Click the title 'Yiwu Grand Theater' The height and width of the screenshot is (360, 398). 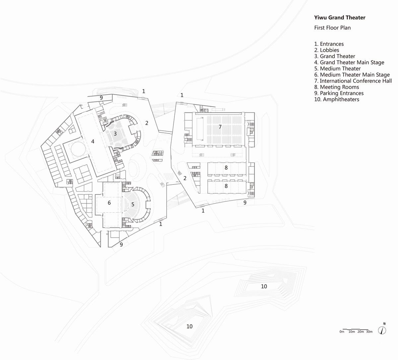(x=340, y=18)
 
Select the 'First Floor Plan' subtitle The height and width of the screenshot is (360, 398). (x=332, y=28)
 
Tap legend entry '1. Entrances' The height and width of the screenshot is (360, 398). (x=329, y=44)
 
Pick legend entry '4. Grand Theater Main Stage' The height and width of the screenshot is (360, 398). (x=349, y=62)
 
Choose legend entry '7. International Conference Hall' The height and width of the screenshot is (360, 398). (x=353, y=81)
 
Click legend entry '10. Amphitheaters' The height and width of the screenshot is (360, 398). (x=337, y=99)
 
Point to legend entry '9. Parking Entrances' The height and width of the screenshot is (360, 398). (x=339, y=93)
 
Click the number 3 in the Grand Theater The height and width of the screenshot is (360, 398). (x=115, y=134)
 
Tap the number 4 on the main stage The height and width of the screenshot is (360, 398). (x=93, y=141)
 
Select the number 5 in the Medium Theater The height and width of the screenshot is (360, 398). (x=133, y=204)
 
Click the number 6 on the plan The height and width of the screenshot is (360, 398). (x=109, y=202)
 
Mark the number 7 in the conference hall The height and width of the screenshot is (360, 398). (x=220, y=127)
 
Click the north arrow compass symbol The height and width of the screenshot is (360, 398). (x=383, y=329)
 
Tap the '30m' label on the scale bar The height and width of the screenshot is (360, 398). (x=369, y=332)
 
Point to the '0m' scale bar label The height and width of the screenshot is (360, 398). (x=342, y=332)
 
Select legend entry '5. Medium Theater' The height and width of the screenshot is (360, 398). (x=337, y=69)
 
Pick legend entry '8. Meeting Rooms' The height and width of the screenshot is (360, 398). (x=337, y=87)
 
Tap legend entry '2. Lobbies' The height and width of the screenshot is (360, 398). (x=327, y=50)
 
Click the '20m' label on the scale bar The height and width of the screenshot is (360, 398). (x=361, y=332)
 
